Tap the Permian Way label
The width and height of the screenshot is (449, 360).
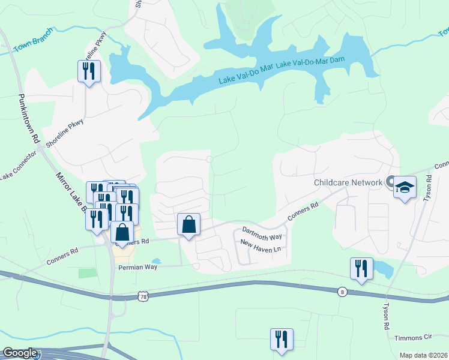(137, 267)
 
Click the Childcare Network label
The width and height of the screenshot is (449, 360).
(348, 182)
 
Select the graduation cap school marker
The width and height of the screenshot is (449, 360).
(405, 188)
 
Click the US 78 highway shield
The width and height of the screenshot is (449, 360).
(142, 296)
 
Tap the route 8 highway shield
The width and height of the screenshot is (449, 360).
(342, 292)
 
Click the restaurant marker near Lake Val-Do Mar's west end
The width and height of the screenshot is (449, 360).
(89, 72)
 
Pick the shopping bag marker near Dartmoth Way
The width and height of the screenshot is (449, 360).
(188, 225)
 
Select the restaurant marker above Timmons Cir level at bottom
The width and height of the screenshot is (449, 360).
(281, 340)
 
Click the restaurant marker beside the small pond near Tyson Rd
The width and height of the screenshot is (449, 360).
(361, 269)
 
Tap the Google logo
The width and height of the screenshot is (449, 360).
(20, 353)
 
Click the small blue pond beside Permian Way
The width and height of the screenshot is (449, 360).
(156, 261)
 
